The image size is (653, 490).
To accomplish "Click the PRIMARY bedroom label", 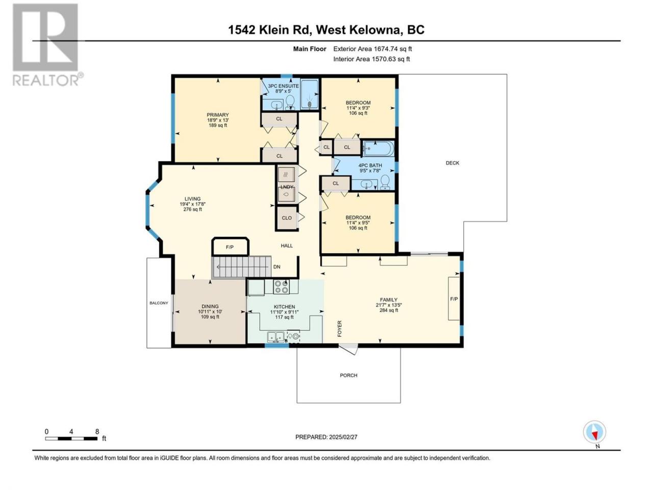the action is [218, 115].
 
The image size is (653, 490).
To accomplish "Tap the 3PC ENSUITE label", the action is [283, 86].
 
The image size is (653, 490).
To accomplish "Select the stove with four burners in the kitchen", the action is [281, 286].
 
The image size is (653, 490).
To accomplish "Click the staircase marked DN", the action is [241, 267].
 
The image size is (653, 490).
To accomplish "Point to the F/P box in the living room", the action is [230, 247].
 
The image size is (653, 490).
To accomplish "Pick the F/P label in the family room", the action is [454, 299].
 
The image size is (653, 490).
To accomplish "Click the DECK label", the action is [452, 163].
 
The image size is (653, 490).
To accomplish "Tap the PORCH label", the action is [348, 376].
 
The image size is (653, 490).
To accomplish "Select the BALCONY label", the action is [159, 303].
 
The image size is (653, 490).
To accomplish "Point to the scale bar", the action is [71, 438].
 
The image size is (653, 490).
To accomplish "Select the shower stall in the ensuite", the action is [309, 94].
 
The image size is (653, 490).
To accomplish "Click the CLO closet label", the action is [287, 218].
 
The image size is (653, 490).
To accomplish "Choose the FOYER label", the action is [340, 328].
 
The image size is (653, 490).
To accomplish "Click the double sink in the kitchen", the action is [276, 337].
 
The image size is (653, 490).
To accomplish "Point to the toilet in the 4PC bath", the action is [385, 182].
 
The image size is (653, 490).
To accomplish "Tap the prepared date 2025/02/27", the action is [326, 437].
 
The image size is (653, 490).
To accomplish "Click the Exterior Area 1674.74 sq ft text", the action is [372, 49].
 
